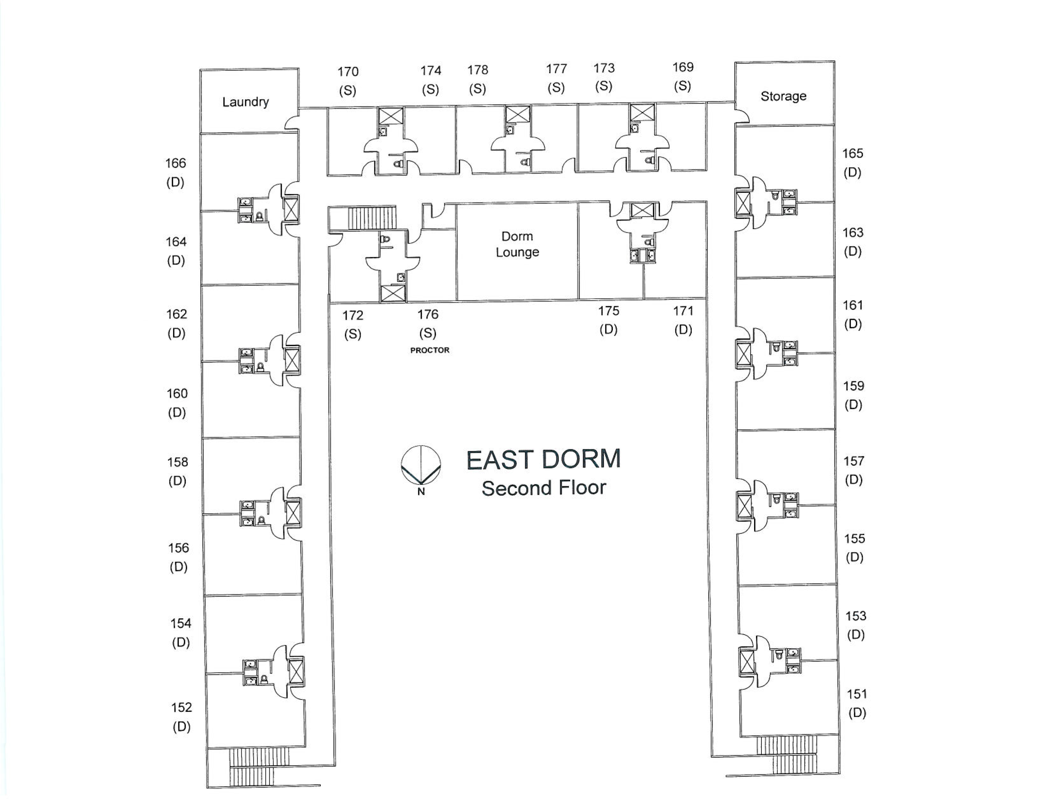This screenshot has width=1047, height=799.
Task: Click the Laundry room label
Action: click(246, 102)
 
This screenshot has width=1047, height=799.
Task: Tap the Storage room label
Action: click(783, 96)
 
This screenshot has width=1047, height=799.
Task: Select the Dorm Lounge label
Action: click(517, 244)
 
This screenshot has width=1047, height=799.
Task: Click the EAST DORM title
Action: click(543, 459)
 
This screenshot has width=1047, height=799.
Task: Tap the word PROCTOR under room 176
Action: click(430, 350)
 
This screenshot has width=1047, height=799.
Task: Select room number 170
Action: click(348, 72)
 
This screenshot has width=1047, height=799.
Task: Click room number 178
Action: click(478, 70)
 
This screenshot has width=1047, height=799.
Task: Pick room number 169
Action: click(683, 67)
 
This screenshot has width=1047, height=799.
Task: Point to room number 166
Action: click(176, 163)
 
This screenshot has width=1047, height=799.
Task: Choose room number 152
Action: click(181, 707)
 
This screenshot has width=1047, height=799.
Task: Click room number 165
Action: click(852, 153)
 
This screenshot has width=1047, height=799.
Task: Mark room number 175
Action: click(608, 311)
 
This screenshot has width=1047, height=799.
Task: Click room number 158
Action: click(177, 462)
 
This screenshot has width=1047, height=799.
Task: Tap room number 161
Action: click(852, 305)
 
